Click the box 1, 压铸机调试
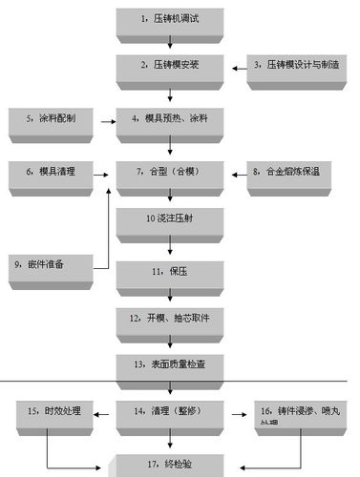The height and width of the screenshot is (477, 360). pos(170,19)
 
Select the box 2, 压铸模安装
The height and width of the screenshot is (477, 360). pos(170,66)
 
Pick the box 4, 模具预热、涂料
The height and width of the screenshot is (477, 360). pos(170,120)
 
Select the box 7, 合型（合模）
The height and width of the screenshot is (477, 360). pos(170,173)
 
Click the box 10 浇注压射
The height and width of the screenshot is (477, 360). pos(170,219)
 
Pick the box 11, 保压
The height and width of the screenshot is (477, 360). pos(170,272)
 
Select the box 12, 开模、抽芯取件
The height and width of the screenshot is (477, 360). pos(170,317)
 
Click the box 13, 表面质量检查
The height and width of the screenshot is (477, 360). pos(170,363)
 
